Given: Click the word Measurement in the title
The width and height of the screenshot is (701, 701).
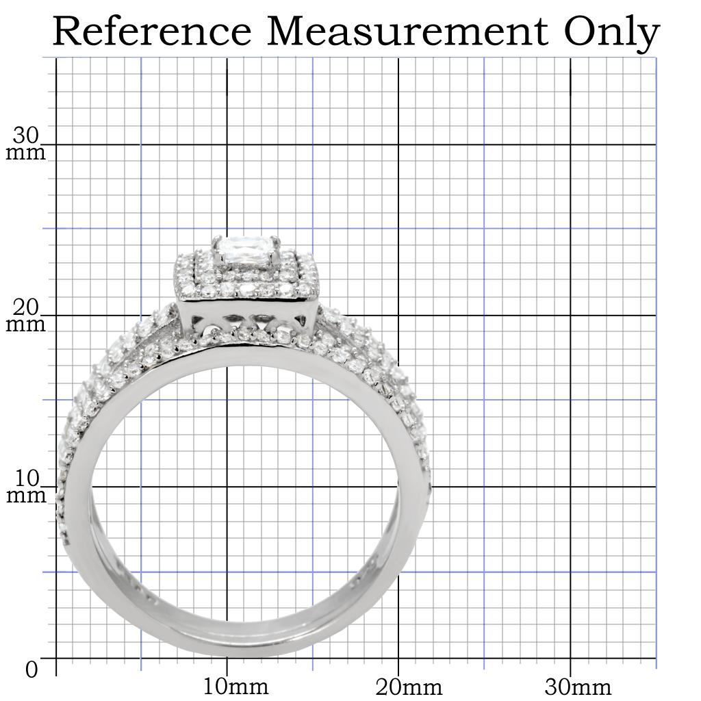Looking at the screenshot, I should pos(408,31).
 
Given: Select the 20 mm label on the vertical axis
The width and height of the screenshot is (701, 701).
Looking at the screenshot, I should pos(26,316).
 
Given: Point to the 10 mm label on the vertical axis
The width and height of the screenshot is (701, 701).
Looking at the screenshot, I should pos(26,487).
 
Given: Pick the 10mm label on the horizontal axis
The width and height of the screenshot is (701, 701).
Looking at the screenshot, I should pos(236,686).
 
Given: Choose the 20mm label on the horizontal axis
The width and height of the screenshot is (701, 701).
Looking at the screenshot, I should pos(408,686).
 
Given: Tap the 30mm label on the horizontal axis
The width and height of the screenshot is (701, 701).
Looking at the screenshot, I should pos(579,686).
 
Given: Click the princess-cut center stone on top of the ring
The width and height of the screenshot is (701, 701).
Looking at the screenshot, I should pos(246,250).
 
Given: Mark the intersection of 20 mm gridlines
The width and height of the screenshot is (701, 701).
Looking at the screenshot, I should pos(398,316).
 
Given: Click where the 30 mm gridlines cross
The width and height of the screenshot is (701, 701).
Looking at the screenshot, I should pos(570,144).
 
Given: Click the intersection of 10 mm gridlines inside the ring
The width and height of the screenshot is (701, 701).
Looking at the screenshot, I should pos(227,487).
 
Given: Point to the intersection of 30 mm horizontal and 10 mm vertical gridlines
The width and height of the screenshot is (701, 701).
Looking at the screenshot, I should pos(227,144).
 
